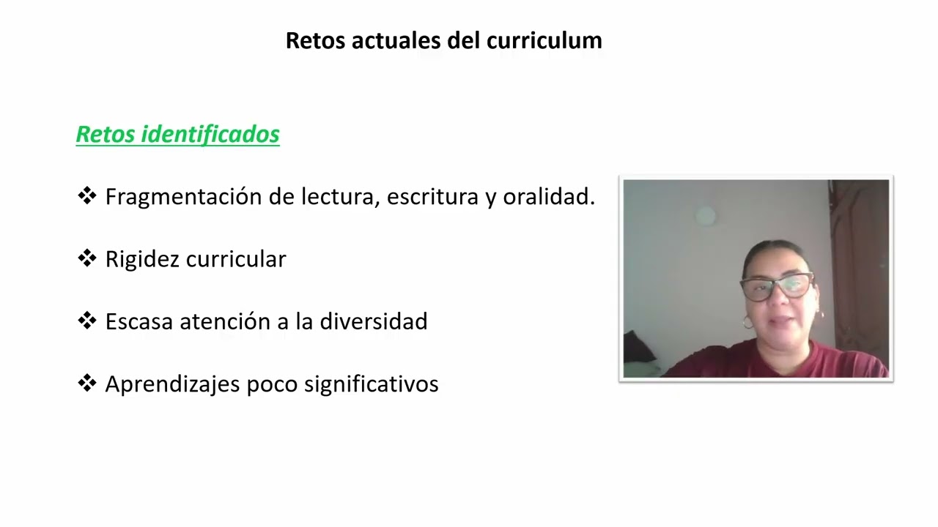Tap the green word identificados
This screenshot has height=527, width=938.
tap(210, 134)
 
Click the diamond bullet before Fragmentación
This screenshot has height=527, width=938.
tap(86, 195)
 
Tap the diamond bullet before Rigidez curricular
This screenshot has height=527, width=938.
tap(86, 258)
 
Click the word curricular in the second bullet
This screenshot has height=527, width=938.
tap(236, 259)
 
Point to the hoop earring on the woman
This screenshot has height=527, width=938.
tap(747, 322)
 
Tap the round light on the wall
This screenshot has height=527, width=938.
tap(705, 215)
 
